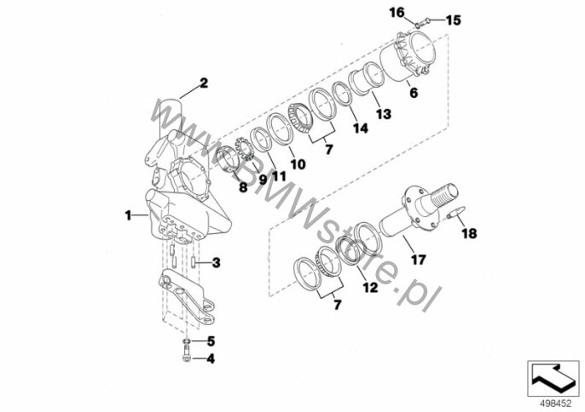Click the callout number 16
[397, 13]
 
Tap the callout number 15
[454, 20]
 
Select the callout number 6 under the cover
[414, 93]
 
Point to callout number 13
[383, 114]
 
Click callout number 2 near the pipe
[204, 83]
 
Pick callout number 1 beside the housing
[128, 215]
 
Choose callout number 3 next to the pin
[216, 263]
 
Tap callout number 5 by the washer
[211, 340]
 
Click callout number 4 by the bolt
[211, 358]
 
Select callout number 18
[469, 233]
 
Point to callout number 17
[418, 260]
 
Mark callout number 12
[370, 287]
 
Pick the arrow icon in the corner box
[553, 379]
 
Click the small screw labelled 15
[423, 23]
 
